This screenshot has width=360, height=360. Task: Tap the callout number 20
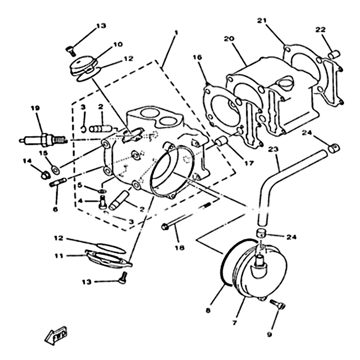[x=229, y=39]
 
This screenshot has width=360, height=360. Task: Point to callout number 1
[x=176, y=32]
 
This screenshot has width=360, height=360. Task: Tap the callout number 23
[x=274, y=148]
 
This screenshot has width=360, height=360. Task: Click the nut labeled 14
[x=45, y=174]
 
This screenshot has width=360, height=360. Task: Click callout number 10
[x=117, y=45]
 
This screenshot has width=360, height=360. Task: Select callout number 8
[x=208, y=310]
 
